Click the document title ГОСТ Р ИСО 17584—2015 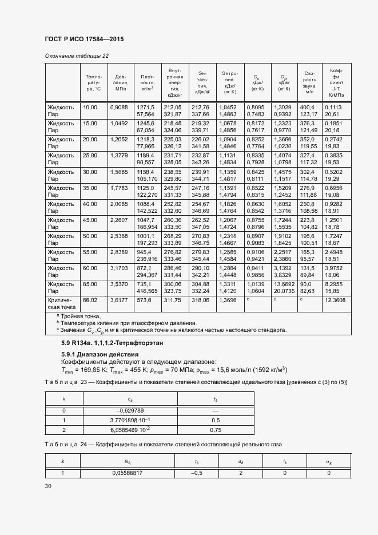(x=84, y=39)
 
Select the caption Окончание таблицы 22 (x=76, y=56)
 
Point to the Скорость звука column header (x=310, y=82)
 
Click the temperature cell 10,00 (x=90, y=107)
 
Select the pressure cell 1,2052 (x=121, y=139)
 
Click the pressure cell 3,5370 (x=121, y=284)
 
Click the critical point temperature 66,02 (x=90, y=300)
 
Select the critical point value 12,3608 (x=335, y=300)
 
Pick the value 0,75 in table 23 (x=216, y=430)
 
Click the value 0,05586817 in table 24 (x=127, y=473)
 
